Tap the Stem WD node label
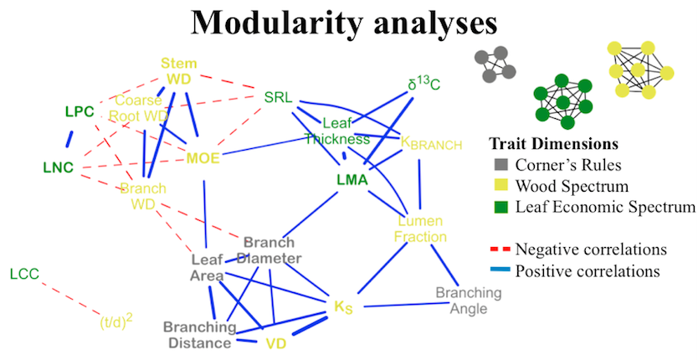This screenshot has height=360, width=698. click(178, 71)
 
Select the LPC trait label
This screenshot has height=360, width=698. click(80, 111)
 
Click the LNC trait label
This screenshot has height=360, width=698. click(58, 167)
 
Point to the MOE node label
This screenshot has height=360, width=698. click(202, 157)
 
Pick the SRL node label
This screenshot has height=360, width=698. click(278, 97)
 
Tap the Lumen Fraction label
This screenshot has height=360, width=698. click(422, 229)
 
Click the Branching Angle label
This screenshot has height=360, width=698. click(468, 301)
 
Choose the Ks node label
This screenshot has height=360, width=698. click(343, 306)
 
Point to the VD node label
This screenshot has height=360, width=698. click(276, 343)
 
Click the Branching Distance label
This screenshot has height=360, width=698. click(197, 335)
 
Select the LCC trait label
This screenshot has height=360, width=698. click(24, 273)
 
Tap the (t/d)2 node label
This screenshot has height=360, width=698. click(116, 319)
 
